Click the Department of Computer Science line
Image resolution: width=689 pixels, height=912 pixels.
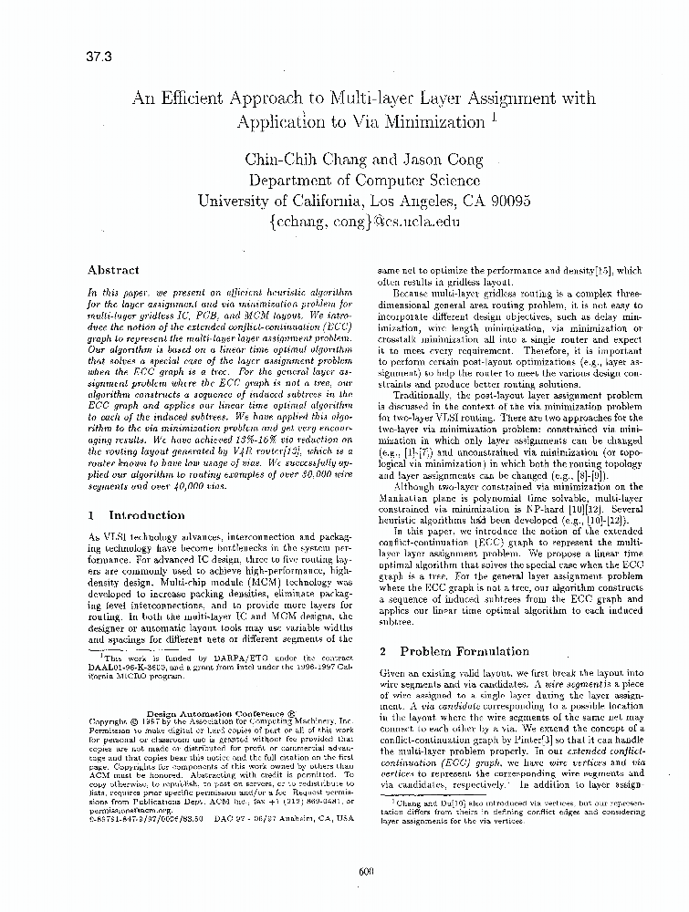365,180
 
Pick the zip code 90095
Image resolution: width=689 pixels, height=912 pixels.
506,201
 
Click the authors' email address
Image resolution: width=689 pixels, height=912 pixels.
365,222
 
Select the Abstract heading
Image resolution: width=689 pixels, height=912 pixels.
113,270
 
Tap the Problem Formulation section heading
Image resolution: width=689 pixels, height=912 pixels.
453,651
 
